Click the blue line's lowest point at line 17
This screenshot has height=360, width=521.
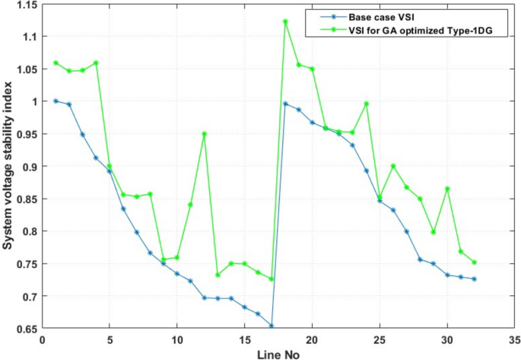pyautogui.click(x=272, y=326)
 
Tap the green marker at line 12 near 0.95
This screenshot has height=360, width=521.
pyautogui.click(x=204, y=134)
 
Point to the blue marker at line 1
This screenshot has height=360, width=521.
pyautogui.click(x=56, y=101)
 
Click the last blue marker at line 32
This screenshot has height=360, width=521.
pyautogui.click(x=474, y=279)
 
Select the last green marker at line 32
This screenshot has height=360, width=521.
pyautogui.click(x=474, y=263)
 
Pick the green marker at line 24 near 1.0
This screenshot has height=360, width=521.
pyautogui.click(x=366, y=104)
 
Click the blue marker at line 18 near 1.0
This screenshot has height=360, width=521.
pyautogui.click(x=285, y=104)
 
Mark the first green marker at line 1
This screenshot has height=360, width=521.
pyautogui.click(x=56, y=63)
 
